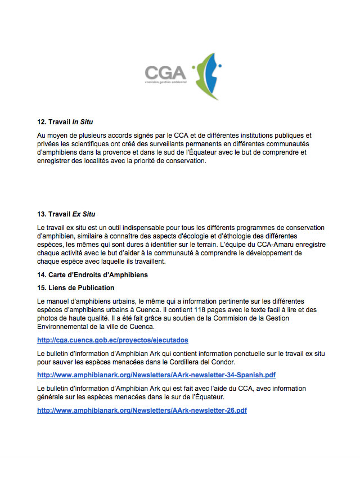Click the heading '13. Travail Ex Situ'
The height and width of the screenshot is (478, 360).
coord(66,214)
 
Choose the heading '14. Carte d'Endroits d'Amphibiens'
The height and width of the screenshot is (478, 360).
coord(93,275)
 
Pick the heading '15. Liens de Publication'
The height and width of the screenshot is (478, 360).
coord(75,288)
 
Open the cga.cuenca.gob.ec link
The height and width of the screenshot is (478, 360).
coord(112,340)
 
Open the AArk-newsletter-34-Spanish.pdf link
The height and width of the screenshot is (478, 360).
coord(156,375)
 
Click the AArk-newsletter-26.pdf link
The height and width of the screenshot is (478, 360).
coord(142,411)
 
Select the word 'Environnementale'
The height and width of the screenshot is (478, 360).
coord(66,327)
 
